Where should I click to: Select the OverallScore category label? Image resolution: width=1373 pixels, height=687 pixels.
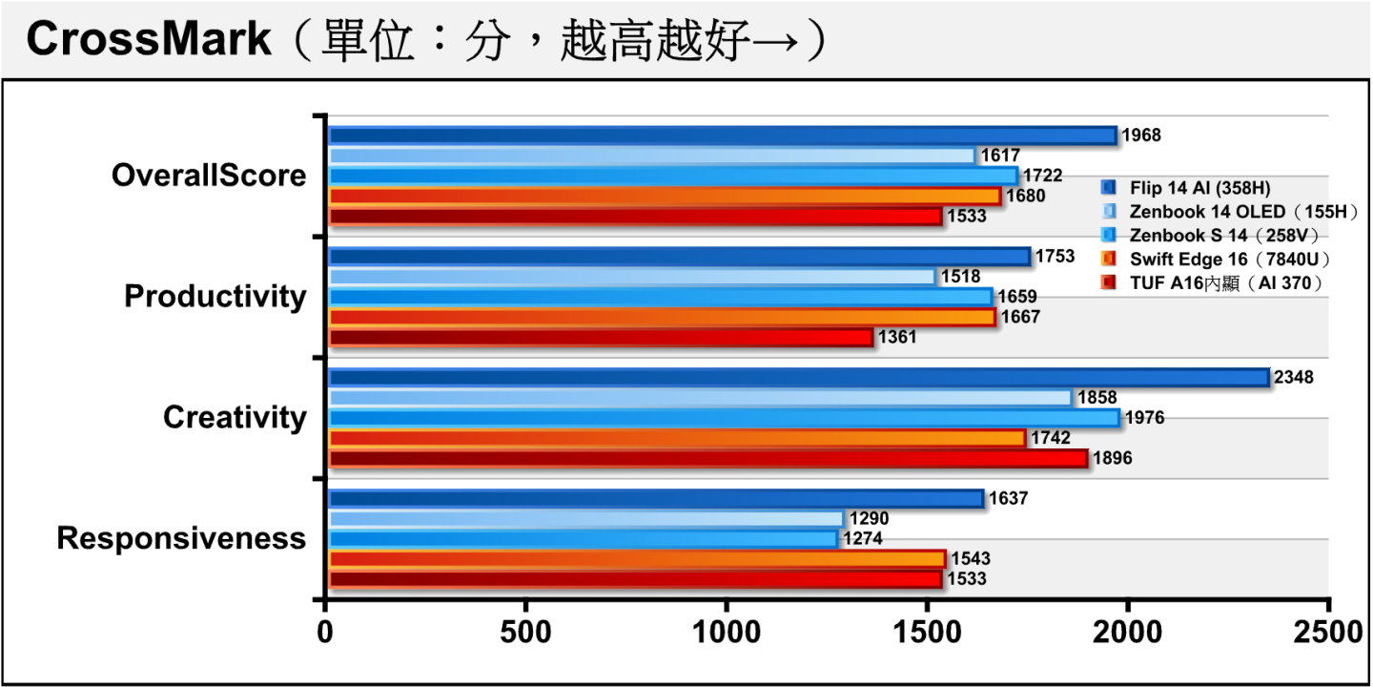point(209,176)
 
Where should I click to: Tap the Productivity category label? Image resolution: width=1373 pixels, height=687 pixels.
point(215,297)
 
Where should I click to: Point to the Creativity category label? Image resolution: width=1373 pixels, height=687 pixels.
point(235,418)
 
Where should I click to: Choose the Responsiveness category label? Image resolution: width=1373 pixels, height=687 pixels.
point(181,538)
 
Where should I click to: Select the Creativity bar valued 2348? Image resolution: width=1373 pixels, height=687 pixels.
point(799,377)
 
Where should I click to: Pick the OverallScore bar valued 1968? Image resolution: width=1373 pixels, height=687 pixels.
point(723,135)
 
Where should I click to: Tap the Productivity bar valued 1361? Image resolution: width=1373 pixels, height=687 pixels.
point(601,337)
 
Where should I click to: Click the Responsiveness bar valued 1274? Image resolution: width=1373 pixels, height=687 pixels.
point(583,539)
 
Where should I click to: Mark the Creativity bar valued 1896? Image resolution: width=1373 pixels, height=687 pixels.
point(707,458)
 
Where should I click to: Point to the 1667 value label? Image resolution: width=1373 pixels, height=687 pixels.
point(1020,317)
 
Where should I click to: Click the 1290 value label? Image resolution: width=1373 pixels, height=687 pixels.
point(870,518)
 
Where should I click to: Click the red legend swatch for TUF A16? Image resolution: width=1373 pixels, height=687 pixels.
point(1108,282)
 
